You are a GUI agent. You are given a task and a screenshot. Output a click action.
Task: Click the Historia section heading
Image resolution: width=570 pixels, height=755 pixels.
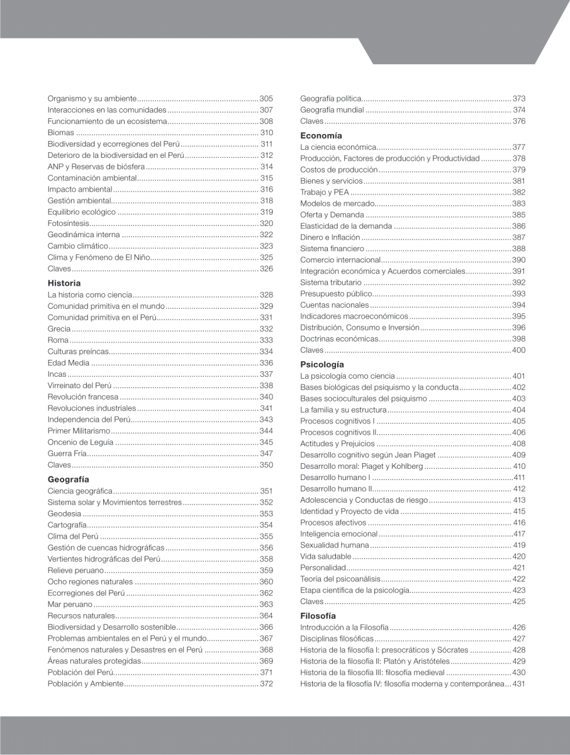point(64,283)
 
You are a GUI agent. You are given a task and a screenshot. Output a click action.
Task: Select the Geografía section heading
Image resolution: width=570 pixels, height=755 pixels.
point(68,479)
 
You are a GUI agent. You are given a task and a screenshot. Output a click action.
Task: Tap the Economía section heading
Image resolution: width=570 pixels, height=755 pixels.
point(321,135)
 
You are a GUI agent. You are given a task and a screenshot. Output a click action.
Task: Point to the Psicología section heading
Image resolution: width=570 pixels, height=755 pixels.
point(322,364)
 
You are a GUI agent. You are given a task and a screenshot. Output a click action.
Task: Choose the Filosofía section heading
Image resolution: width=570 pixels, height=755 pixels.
point(318,615)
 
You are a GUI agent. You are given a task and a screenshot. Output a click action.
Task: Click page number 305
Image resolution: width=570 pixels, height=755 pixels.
point(266,99)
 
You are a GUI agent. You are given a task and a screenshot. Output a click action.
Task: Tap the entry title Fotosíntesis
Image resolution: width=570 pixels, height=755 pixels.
point(69,223)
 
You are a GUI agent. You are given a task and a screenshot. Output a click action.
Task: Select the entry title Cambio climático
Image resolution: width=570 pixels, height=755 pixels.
point(78,246)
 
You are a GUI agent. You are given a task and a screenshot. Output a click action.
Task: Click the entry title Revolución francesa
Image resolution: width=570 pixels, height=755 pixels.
point(83,397)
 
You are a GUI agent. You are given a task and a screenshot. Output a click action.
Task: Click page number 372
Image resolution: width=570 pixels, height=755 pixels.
point(266,684)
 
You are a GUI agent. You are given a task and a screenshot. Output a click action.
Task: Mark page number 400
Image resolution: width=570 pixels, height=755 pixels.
point(518,350)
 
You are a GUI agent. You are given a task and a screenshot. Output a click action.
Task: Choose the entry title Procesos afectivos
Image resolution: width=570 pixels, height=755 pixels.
point(333,522)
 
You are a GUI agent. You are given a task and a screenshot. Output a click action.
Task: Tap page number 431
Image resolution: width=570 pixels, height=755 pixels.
point(518,683)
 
